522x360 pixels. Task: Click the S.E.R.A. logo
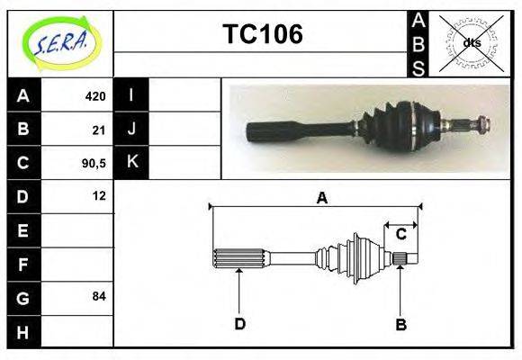[x=60, y=43]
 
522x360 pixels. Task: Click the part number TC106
[x=262, y=35]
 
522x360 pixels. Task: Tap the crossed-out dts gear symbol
[x=472, y=42]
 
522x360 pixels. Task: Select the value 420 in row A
[x=94, y=96]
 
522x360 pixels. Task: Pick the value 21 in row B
[x=99, y=130]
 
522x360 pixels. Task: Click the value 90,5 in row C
[x=94, y=163]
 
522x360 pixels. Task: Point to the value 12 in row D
[x=99, y=195]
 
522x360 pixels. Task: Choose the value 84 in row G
[x=99, y=296]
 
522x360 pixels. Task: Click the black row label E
[x=22, y=229]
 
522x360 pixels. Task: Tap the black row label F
[x=22, y=264]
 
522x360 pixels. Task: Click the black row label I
[x=131, y=95]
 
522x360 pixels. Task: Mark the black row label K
[x=131, y=163]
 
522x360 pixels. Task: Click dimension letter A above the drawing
[x=321, y=198]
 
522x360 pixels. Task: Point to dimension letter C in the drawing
[x=401, y=234]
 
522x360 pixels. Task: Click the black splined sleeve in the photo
[x=280, y=130]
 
